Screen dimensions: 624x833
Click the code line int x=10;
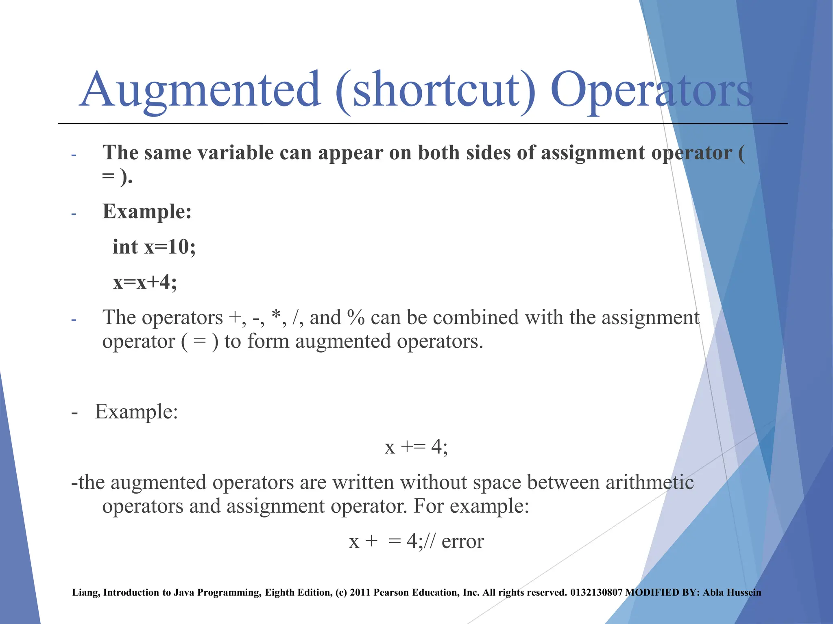(154, 247)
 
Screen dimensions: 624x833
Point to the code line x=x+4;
(145, 282)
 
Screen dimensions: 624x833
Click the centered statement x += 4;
(416, 447)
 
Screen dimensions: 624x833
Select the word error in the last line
(462, 541)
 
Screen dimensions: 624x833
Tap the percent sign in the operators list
(356, 317)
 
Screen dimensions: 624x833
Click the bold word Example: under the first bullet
(147, 212)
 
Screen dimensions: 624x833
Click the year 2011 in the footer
(360, 592)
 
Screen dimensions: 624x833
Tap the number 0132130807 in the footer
(596, 592)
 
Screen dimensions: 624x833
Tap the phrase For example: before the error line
(471, 506)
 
